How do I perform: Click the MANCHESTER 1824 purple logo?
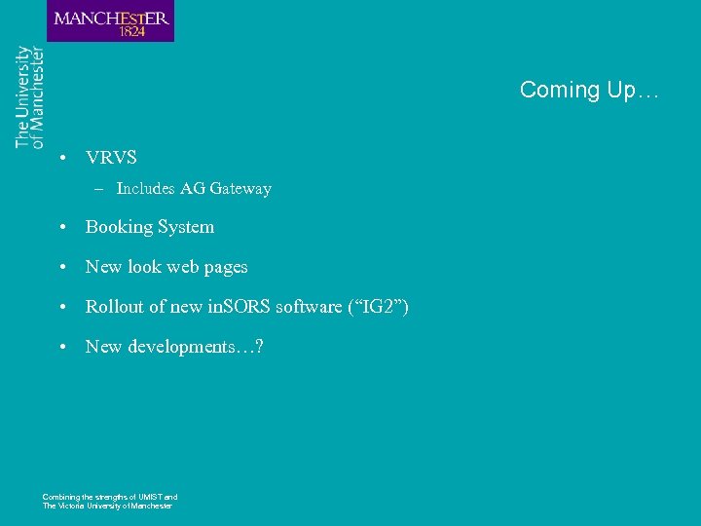coord(110,20)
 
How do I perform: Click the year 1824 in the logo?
coord(132,31)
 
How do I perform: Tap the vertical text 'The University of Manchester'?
coord(30,97)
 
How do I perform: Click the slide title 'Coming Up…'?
coord(589,91)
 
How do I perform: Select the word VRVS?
coord(111,157)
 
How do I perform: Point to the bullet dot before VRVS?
coord(61,158)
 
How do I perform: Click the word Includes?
coord(145,189)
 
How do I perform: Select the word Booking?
coord(120,227)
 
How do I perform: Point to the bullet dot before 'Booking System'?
coord(61,228)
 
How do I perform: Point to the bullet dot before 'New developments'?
coord(61,348)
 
